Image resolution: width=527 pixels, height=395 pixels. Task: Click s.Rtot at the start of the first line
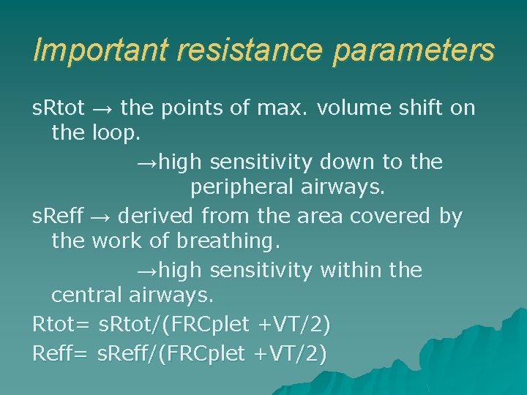pyautogui.click(x=59, y=108)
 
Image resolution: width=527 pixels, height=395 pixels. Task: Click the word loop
pyautogui.click(x=116, y=135)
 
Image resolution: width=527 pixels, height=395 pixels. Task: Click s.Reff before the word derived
pyautogui.click(x=58, y=216)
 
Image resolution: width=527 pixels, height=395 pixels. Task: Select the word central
pyautogui.click(x=87, y=296)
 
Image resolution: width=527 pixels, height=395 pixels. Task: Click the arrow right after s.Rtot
pyautogui.click(x=102, y=108)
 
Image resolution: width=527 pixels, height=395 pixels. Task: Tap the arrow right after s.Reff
pyautogui.click(x=100, y=216)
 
